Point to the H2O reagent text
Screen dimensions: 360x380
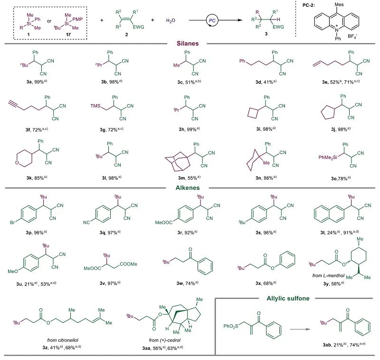click(171, 21)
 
